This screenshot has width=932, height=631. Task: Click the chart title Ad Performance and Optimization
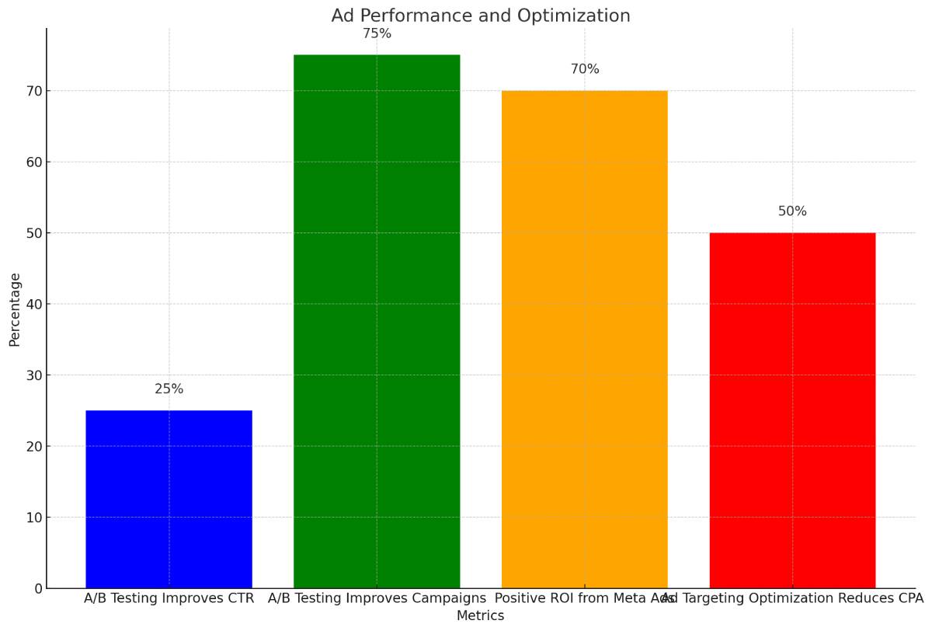point(480,16)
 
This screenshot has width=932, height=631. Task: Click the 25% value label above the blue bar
point(169,389)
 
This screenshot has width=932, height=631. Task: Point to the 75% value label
point(377,34)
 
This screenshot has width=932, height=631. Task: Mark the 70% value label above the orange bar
point(585,69)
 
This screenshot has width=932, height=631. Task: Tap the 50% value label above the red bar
point(792,211)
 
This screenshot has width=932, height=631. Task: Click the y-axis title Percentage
point(15,309)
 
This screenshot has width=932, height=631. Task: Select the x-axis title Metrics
point(480,616)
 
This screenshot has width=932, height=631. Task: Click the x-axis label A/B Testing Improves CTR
point(169,598)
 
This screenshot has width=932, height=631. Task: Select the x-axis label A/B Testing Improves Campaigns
point(377,598)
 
